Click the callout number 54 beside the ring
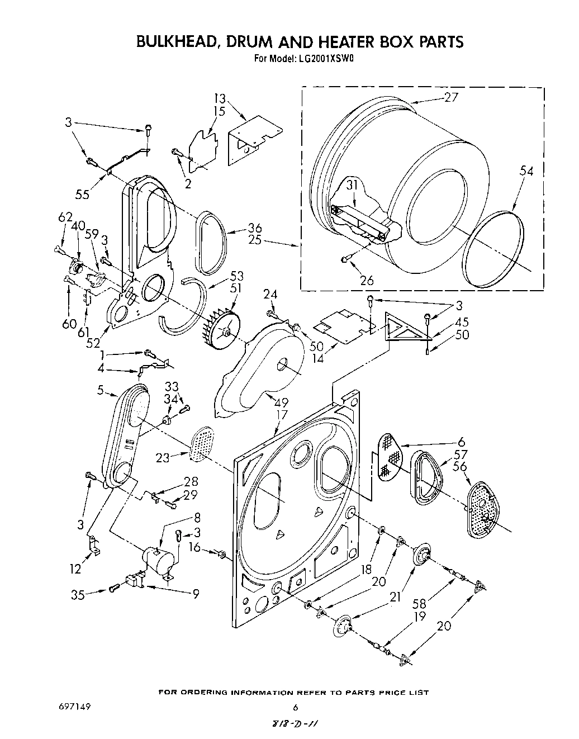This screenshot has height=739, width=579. (526, 171)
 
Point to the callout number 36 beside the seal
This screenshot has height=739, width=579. (255, 228)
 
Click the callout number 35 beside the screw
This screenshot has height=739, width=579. (78, 595)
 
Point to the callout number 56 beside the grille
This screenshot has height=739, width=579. (461, 467)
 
